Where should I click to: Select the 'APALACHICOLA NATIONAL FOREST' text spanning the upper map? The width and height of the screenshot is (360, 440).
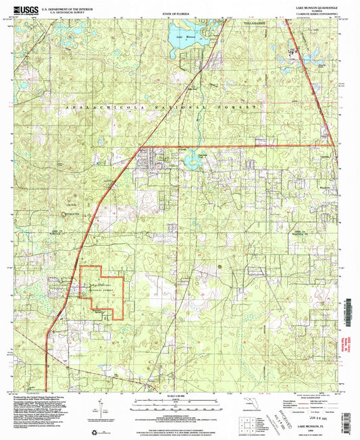point(162,108)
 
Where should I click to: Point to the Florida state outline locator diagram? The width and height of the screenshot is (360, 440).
point(249,404)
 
